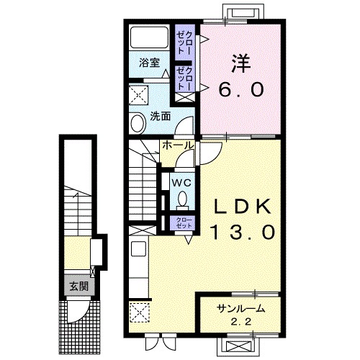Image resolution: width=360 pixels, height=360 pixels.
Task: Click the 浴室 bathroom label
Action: pos(149,63)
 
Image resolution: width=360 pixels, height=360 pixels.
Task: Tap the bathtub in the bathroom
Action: pos(149,37)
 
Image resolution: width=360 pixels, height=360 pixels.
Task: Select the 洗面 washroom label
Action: pos(161,117)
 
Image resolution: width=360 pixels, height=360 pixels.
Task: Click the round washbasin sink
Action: pos(138,123)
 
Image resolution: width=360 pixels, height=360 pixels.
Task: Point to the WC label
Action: pos(182,183)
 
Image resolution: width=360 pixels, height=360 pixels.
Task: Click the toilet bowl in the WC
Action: pos(183,199)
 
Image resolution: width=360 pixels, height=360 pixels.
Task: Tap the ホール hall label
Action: pos(178,145)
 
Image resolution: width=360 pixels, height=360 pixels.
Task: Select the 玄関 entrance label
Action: pos(79,287)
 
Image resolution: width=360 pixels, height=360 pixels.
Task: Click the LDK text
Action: pos(242,207)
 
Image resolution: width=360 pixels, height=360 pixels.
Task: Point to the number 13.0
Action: pos(243,233)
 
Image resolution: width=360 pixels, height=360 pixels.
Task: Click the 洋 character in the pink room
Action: pos(240,63)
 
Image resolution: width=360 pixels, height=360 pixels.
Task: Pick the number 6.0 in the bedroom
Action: pos(241,89)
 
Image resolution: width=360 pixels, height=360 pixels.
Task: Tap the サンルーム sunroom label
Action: pos(240,309)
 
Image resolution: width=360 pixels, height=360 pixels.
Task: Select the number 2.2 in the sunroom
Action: pos(241,321)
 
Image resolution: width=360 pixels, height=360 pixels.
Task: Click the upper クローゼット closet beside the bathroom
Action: pos(184,42)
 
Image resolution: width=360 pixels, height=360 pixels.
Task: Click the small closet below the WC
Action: pos(184,223)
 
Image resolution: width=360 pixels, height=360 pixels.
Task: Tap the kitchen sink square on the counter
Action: pos(138,249)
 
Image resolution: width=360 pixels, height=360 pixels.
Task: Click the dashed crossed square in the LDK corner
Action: pos(140,312)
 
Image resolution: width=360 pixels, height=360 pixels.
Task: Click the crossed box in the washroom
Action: pos(138,95)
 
